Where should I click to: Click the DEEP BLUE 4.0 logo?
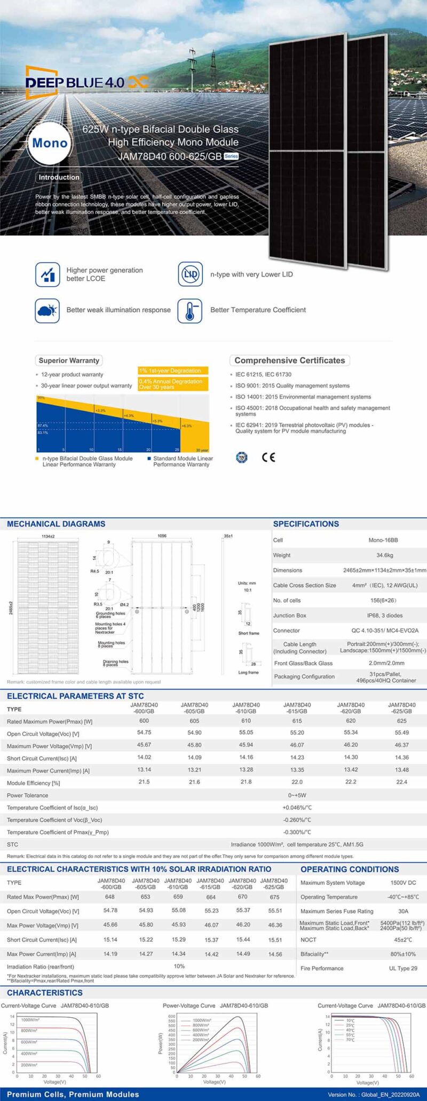[x=85, y=82]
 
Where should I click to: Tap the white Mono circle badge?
[x=50, y=143]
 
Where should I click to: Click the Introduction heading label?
[x=59, y=177]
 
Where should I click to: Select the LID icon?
[x=190, y=274]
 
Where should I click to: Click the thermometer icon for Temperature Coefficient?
[x=190, y=310]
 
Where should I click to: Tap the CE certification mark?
[x=268, y=457]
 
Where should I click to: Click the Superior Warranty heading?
[x=69, y=360]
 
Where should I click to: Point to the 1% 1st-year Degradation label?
[x=170, y=371]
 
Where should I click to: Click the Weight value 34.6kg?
[x=384, y=555]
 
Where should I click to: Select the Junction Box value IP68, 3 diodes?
[x=384, y=616]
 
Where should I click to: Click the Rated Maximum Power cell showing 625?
[x=401, y=721]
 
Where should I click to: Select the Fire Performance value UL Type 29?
[x=403, y=968]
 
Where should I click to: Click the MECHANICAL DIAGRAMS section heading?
[x=56, y=524]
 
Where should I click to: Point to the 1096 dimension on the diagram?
[x=162, y=535]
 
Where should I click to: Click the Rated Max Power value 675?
[x=274, y=897]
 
